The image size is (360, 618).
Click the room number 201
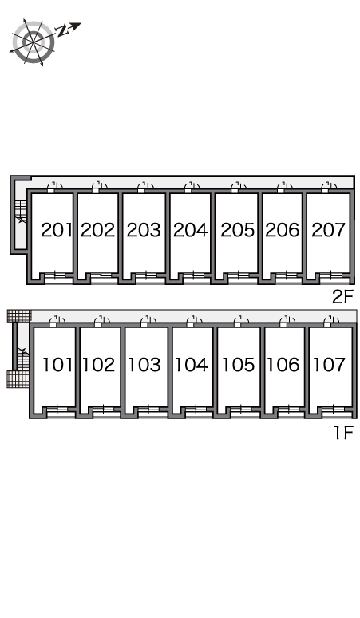pyautogui.click(x=57, y=230)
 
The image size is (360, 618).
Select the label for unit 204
pyautogui.click(x=190, y=230)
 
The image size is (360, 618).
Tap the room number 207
pyautogui.click(x=328, y=230)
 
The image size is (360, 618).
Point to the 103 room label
pyautogui.click(x=144, y=365)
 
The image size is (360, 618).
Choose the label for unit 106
pyautogui.click(x=283, y=365)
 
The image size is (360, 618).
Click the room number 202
pyautogui.click(x=97, y=230)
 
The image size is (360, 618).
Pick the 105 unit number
pyautogui.click(x=238, y=365)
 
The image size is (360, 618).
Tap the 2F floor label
pyautogui.click(x=343, y=297)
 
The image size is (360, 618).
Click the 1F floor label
pyautogui.click(x=343, y=433)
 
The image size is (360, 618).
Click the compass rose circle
pyautogui.click(x=33, y=42)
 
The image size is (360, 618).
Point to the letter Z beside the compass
pyautogui.click(x=62, y=31)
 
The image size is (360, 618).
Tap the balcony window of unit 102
pyautogui.click(x=104, y=412)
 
